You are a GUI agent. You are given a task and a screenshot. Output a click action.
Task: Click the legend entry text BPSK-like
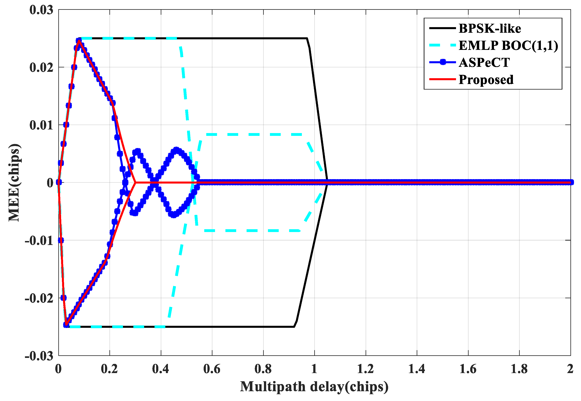[490, 28]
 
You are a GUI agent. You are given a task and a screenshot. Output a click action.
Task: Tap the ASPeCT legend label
[484, 63]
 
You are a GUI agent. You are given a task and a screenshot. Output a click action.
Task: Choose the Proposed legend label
[486, 80]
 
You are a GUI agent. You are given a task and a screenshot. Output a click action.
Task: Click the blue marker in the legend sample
[443, 62]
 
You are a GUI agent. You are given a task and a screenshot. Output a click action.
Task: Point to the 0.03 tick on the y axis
[42, 10]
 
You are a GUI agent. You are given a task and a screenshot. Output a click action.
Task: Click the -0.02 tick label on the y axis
[39, 298]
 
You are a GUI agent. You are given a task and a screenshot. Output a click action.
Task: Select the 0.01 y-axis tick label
[42, 125]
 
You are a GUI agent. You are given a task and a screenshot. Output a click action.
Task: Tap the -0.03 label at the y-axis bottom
[39, 356]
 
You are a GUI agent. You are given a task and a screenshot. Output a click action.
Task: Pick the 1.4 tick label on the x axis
[416, 369]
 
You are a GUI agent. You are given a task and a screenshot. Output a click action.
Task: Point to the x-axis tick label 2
[570, 369]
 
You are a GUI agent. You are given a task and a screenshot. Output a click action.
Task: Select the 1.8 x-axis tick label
[519, 369]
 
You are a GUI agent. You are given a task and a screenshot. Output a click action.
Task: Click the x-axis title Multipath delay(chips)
[314, 386]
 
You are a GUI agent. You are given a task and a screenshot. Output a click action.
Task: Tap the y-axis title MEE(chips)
[14, 183]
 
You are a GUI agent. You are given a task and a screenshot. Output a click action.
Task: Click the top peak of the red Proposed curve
[79, 40]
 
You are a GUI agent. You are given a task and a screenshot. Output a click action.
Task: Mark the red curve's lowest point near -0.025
[66, 326]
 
